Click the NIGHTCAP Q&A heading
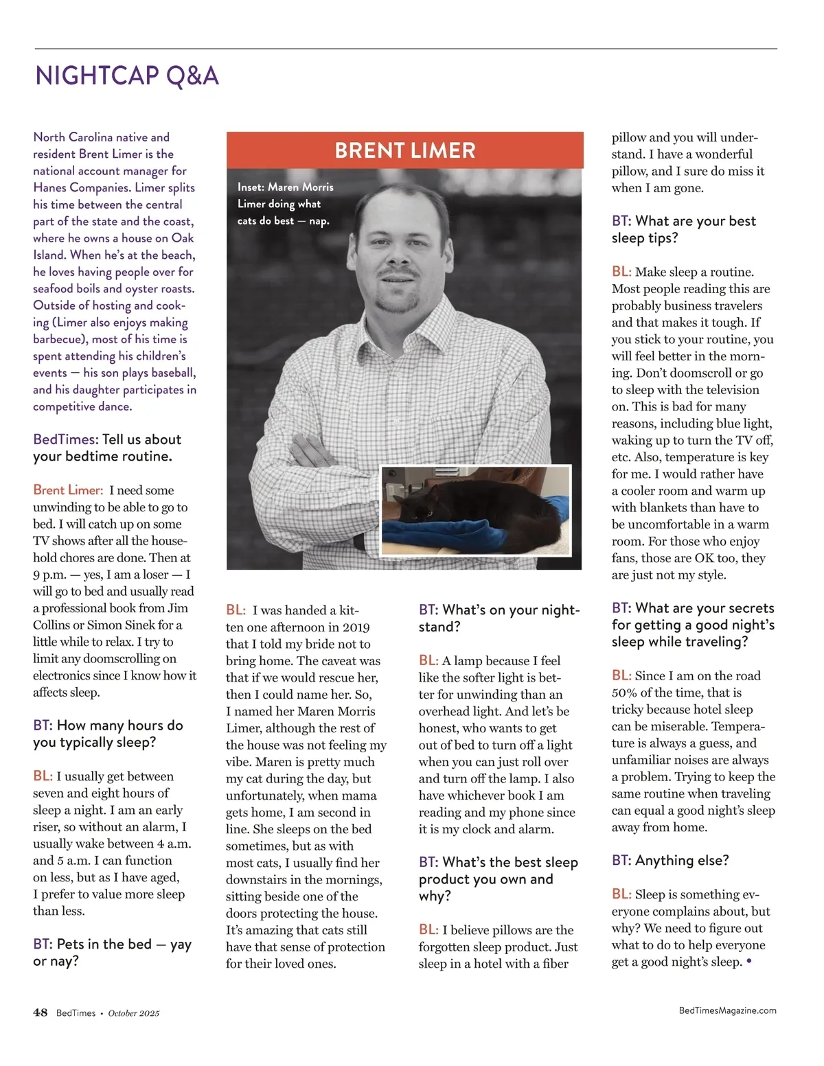(x=127, y=76)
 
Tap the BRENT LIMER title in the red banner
(x=404, y=150)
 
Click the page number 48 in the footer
(x=41, y=1012)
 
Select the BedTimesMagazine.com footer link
(x=727, y=1010)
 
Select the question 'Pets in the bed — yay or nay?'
(x=112, y=953)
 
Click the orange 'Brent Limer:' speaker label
(x=68, y=490)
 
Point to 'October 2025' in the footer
(x=134, y=1013)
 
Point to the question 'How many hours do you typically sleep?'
(x=108, y=734)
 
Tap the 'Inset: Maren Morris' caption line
(x=286, y=187)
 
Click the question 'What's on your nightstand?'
(x=499, y=618)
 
